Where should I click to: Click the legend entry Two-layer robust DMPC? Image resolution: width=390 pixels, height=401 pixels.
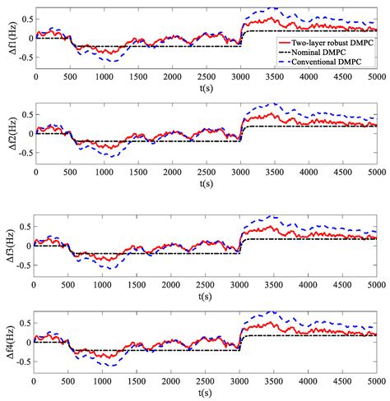pos(333,39)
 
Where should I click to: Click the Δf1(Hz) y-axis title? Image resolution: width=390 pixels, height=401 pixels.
pos(7,38)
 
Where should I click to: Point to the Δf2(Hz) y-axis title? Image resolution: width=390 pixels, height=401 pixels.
pos(7,132)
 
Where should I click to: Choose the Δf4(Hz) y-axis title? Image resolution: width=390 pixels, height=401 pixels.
pos(7,341)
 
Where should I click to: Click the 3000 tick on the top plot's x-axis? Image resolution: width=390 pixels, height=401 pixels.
pos(241,76)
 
